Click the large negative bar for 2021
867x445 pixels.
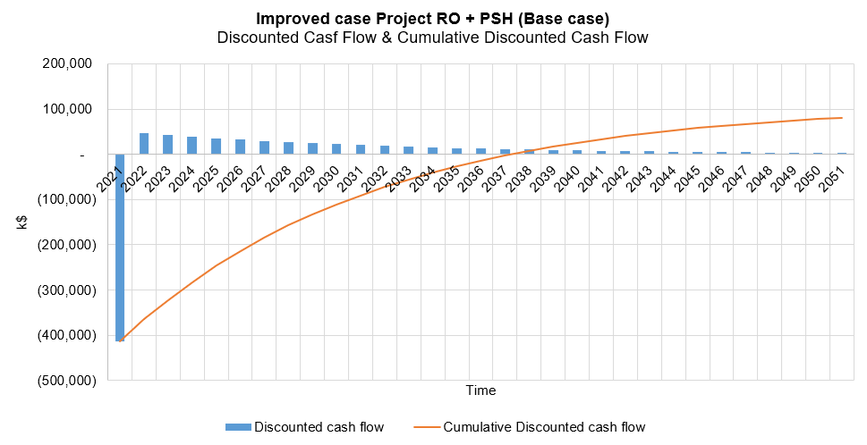click(120, 247)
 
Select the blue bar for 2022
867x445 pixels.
click(144, 144)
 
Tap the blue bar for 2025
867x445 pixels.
click(216, 147)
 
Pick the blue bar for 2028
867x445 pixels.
click(288, 148)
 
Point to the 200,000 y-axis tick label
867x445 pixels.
click(70, 64)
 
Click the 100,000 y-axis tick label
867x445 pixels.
click(70, 110)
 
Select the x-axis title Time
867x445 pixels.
click(480, 390)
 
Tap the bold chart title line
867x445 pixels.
click(433, 19)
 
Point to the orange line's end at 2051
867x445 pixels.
click(842, 118)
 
